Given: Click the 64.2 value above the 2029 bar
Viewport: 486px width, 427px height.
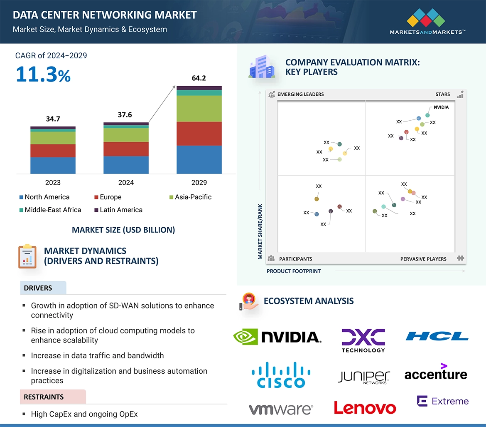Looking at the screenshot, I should click(x=199, y=78).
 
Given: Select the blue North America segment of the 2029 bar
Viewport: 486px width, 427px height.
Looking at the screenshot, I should click(x=199, y=159).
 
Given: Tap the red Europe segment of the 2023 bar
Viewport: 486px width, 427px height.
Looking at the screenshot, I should click(x=53, y=151).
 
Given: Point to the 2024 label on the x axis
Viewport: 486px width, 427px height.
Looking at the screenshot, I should click(x=126, y=183).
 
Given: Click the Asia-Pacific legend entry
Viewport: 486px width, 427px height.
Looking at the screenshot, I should click(x=193, y=197).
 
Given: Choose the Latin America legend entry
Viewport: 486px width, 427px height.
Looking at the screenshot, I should click(x=121, y=210).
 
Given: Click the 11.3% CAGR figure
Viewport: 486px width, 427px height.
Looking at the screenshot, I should click(x=43, y=74).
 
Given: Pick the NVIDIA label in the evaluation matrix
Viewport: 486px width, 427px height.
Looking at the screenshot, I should click(x=441, y=107).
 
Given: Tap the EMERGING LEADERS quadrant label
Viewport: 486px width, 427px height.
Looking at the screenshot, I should click(x=300, y=94).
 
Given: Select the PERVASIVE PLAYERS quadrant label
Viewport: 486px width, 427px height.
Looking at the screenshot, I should click(x=423, y=259).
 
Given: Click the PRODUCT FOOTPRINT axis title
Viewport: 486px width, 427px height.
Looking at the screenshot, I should click(x=294, y=271).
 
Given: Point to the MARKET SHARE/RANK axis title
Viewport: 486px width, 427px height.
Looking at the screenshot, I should click(x=260, y=231).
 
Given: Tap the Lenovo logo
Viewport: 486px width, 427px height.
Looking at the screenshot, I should click(x=365, y=408).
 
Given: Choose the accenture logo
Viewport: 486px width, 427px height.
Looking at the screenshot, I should click(x=436, y=373).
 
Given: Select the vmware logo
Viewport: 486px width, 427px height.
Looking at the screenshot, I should click(x=281, y=409).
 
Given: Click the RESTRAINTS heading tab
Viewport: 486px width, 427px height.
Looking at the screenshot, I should click(x=44, y=397).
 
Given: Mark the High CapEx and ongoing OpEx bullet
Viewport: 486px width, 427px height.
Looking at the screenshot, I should click(x=84, y=414).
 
